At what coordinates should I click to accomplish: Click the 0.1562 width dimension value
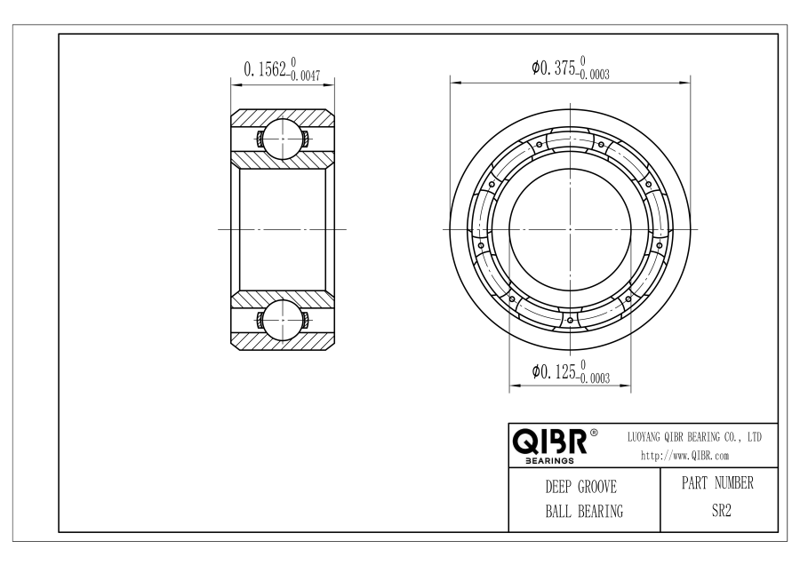pos(265,68)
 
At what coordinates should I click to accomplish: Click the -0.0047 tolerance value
pos(305,76)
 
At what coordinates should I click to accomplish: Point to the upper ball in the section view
pos(282,139)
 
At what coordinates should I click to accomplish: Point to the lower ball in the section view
pos(282,320)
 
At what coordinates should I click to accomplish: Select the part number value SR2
pos(722,511)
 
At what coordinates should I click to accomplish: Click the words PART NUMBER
pos(717,483)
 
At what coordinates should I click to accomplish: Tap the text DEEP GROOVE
pos(581,487)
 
